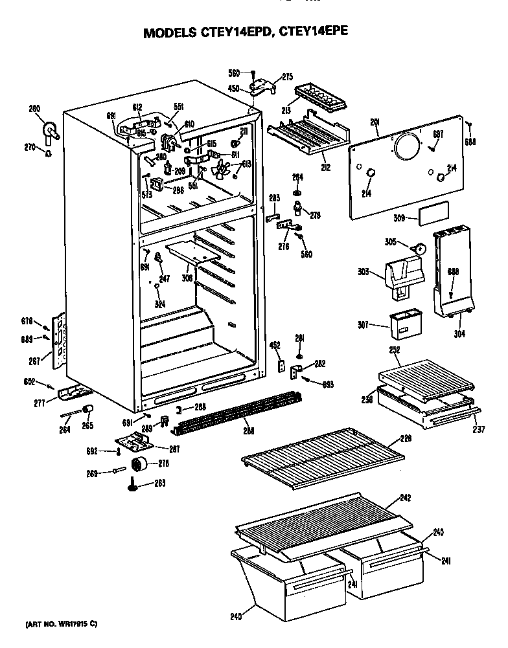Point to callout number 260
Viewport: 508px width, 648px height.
pos(34,108)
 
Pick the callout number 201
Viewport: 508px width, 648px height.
pos(375,121)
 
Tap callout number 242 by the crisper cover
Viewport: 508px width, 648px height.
pos(405,498)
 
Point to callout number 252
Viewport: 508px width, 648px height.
pos(393,350)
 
